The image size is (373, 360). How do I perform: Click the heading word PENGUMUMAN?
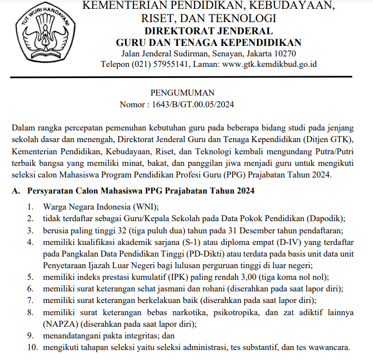coord(182,92)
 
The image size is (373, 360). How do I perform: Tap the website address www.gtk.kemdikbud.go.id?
coord(270,64)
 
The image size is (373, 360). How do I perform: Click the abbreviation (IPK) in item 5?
coord(166,277)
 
